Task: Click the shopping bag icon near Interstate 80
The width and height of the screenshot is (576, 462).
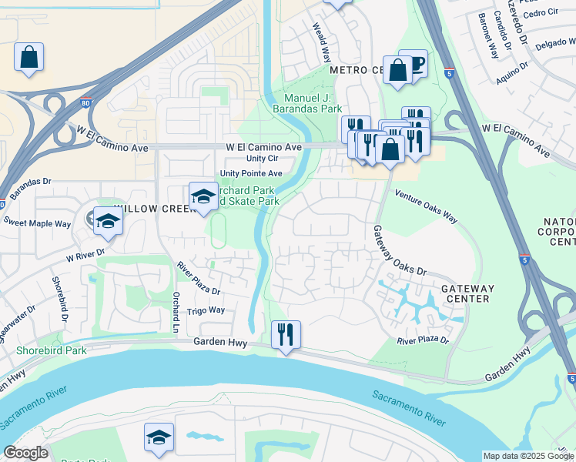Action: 28,57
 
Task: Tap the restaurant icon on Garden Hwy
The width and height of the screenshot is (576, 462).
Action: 286,335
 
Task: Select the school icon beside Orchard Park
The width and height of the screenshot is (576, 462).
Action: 203,196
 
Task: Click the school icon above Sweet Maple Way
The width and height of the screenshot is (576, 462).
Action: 108,222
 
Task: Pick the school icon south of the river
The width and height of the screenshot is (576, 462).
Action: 159,437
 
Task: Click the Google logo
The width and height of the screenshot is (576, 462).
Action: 25,453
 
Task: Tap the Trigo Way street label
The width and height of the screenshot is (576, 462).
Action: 206,310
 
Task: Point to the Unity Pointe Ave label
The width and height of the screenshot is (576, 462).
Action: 251,173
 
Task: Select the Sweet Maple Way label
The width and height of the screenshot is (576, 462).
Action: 37,223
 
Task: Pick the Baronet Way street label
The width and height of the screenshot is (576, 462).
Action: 488,37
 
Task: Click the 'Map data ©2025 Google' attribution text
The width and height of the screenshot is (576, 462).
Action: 528,456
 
